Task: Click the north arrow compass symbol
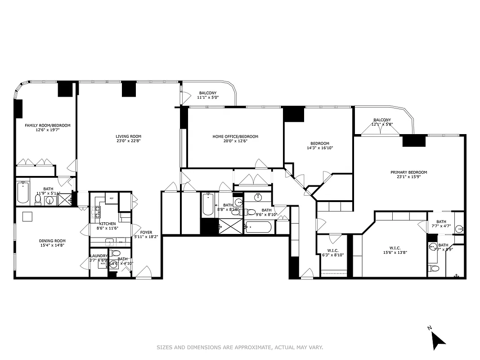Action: click(x=438, y=340)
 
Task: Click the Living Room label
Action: click(x=128, y=136)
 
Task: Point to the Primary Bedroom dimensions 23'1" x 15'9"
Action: click(x=408, y=177)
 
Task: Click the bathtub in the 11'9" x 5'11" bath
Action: click(x=23, y=193)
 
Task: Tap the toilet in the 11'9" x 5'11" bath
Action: click(x=38, y=199)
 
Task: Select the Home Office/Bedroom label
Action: click(x=235, y=136)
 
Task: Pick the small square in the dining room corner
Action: click(x=27, y=216)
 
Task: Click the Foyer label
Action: click(x=146, y=232)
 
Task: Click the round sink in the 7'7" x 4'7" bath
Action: click(x=458, y=229)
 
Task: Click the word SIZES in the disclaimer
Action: click(x=164, y=347)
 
